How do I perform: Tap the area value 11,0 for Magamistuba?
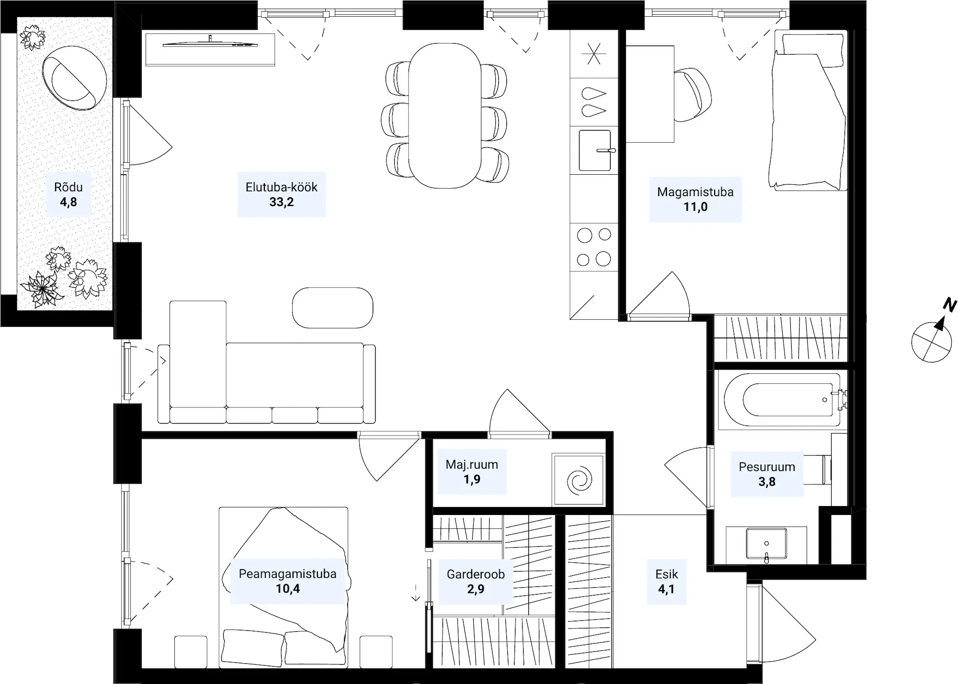(x=695, y=207)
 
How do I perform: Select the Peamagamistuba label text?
(x=287, y=574)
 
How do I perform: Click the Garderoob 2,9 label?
(x=476, y=581)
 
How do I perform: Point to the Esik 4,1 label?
(x=666, y=581)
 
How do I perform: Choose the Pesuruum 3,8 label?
(x=766, y=474)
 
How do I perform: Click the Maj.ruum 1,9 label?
(x=472, y=471)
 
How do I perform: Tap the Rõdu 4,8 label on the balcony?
(x=68, y=194)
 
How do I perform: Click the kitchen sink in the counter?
(x=595, y=150)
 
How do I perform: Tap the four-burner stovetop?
(x=594, y=247)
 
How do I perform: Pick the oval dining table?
(x=445, y=115)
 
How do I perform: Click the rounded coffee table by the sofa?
(x=332, y=308)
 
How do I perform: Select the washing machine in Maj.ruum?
(x=579, y=480)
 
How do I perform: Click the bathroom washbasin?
(x=766, y=544)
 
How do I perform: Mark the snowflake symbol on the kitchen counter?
(x=593, y=54)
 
